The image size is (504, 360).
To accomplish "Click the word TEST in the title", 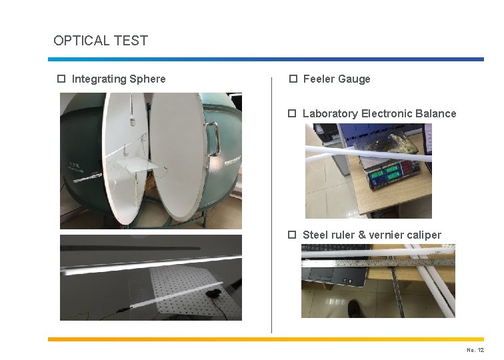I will (x=131, y=41).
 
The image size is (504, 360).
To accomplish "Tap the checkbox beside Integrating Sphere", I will (x=61, y=79).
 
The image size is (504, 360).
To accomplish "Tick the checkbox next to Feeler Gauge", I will (x=293, y=79).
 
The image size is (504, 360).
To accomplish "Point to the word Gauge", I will (x=354, y=79).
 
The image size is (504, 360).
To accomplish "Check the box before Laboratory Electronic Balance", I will (x=293, y=113).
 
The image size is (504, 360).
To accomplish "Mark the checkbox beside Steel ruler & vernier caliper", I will (x=293, y=235).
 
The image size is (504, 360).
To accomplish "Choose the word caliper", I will (x=423, y=235).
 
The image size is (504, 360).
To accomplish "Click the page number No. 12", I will (x=475, y=350).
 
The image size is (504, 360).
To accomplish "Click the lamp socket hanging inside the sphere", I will (x=133, y=122).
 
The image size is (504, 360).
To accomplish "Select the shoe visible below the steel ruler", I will (x=356, y=309).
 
